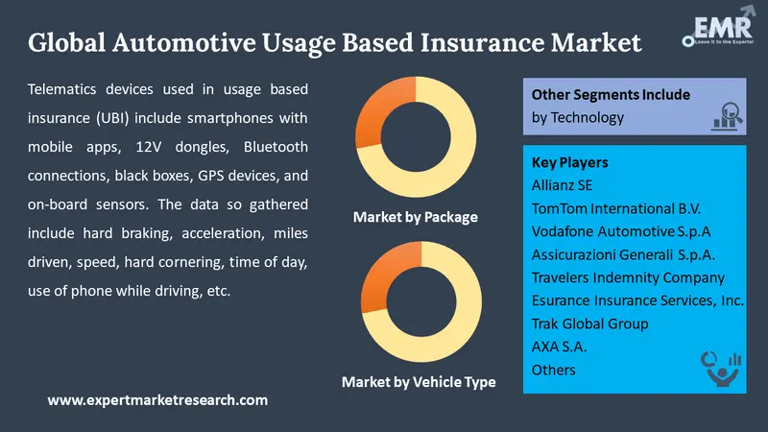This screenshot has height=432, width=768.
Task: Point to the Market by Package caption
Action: [x=416, y=217]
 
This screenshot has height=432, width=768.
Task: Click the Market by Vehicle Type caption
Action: [x=419, y=382]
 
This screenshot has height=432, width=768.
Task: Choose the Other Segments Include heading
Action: [x=611, y=94]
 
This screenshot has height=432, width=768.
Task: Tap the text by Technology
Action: [x=578, y=117]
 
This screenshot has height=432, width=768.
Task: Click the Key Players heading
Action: [x=569, y=162]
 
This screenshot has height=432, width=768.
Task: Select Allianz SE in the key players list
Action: [x=562, y=185]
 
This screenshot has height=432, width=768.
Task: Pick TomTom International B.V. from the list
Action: [x=616, y=208]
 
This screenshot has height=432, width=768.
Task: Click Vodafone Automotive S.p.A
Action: [x=621, y=231]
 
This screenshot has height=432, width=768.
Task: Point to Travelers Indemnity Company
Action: [x=628, y=277]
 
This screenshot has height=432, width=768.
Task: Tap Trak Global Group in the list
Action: [x=589, y=324]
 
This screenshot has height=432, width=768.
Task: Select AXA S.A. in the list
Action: [x=559, y=347]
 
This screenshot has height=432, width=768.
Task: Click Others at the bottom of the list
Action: [x=554, y=370]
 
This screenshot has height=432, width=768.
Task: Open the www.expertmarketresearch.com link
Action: [x=157, y=400]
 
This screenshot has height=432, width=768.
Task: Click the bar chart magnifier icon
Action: [x=727, y=116]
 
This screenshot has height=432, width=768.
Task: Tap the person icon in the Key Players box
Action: [x=721, y=370]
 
